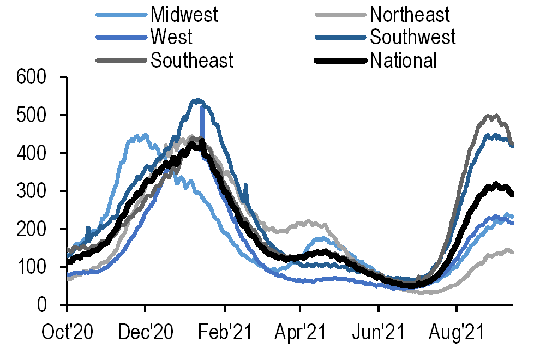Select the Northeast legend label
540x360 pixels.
410,14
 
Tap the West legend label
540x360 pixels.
171,37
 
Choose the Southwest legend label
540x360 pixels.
412,37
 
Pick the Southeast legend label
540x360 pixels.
192,60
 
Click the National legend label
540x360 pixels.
403,60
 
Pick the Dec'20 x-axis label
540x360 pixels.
146,332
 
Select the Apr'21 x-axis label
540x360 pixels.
300,332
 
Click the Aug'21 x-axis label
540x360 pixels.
456,332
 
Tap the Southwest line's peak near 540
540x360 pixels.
197,100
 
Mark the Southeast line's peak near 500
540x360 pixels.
489,116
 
